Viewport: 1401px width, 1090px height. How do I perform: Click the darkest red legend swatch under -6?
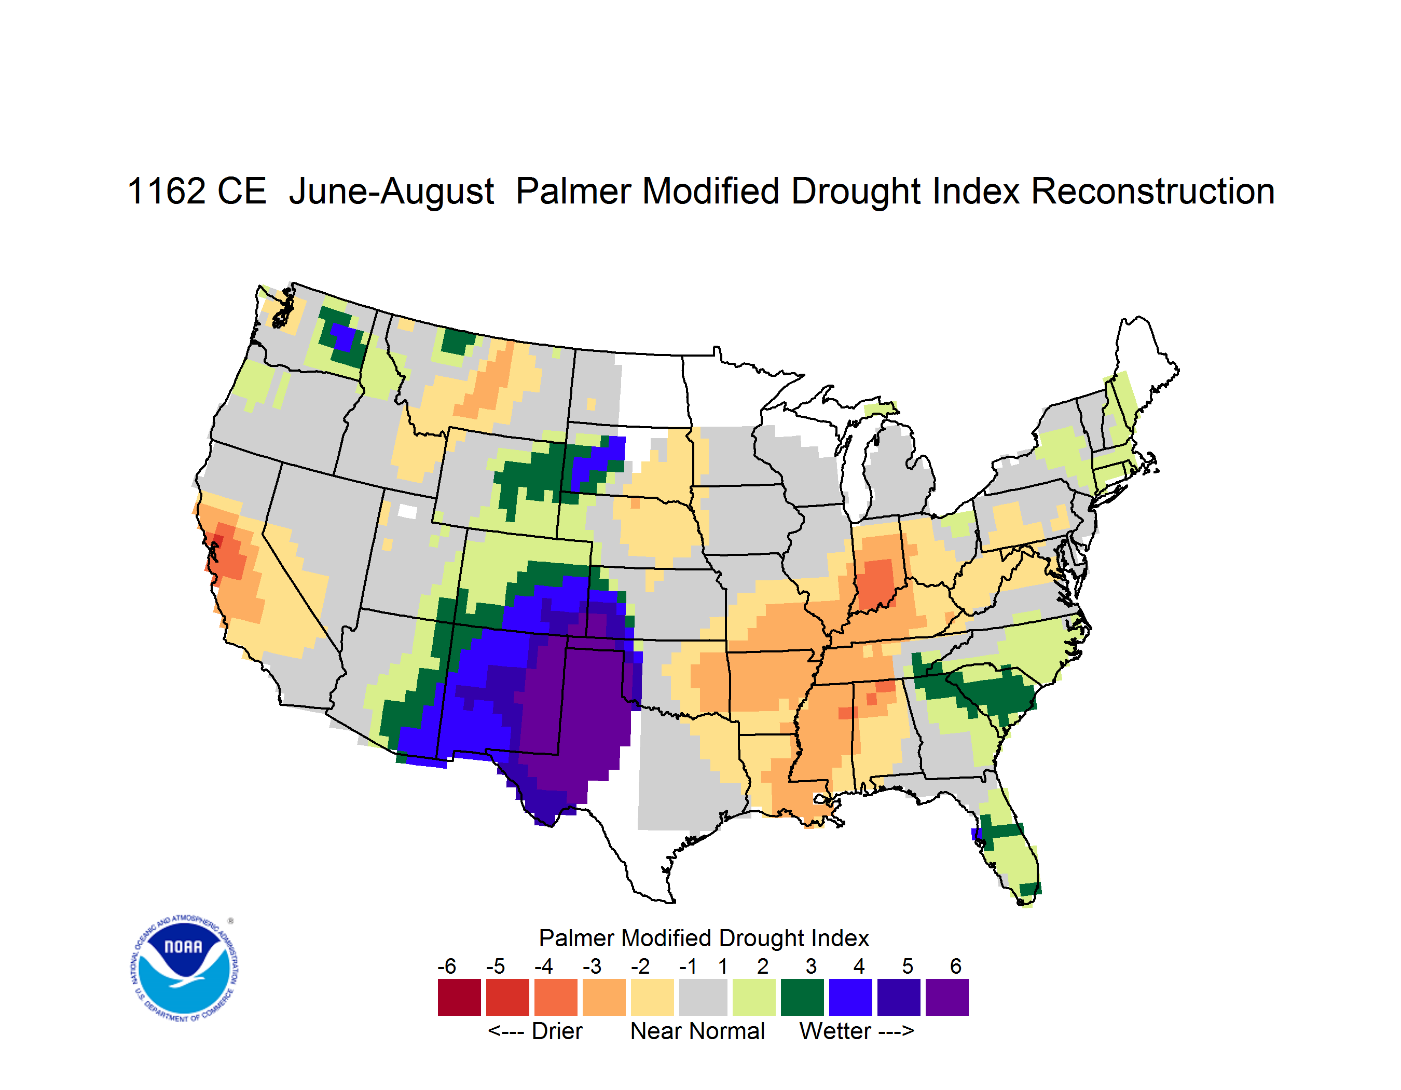(x=459, y=997)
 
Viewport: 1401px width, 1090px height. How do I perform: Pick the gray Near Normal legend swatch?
(x=704, y=997)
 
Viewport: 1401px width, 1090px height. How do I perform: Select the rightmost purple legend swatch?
(x=947, y=997)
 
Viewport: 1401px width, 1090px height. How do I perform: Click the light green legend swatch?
(x=754, y=997)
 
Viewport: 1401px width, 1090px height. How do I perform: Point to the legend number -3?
(x=592, y=966)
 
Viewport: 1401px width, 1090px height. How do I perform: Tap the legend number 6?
(x=956, y=966)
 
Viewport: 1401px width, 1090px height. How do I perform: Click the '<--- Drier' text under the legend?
(x=535, y=1031)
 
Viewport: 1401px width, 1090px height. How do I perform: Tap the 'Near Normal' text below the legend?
(x=697, y=1031)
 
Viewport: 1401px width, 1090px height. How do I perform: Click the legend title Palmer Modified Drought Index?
(x=704, y=938)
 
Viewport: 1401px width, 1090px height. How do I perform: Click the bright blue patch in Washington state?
(x=344, y=337)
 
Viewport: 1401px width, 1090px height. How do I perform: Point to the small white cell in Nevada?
(x=407, y=511)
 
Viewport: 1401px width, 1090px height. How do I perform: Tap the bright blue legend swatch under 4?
(x=850, y=997)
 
